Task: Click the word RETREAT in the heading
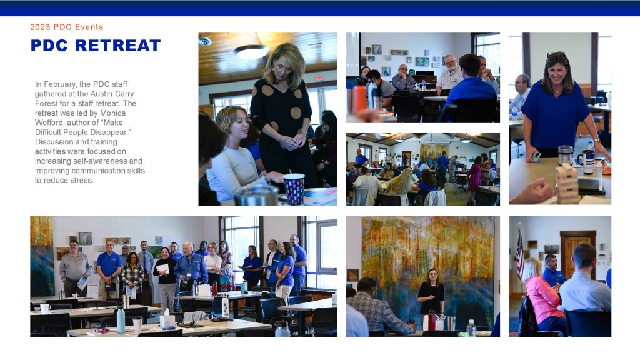[118, 45]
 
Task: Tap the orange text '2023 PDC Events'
[66, 27]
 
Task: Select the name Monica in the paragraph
[113, 112]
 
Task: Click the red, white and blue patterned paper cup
[294, 189]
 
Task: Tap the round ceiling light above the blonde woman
[251, 51]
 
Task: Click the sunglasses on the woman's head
[556, 54]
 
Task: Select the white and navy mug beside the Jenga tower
[587, 161]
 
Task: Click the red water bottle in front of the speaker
[431, 320]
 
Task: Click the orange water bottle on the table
[359, 99]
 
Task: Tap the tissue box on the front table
[167, 320]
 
